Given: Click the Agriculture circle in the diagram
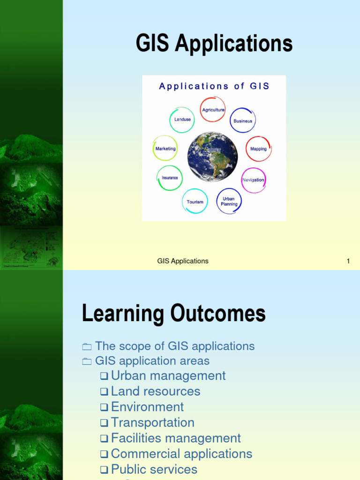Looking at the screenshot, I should tap(213, 110).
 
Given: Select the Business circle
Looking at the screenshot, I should tap(243, 120).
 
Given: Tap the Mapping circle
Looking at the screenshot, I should tap(258, 149).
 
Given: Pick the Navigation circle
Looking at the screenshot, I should tap(253, 180).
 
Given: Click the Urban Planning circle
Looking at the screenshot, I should tap(229, 202).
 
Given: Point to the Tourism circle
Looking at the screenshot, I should tap(195, 202).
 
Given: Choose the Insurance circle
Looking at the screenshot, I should tap(169, 178).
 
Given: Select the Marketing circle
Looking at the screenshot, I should tap(165, 149).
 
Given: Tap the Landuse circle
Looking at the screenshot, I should tap(182, 120).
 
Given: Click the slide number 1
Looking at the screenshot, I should tap(348, 261).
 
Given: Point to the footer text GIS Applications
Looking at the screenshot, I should tap(183, 261).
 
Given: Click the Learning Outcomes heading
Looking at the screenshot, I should tap(173, 313).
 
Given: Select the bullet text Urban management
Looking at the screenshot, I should tap(168, 375).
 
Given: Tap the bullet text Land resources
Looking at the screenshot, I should tap(155, 391).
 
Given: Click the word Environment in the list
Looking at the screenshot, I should tap(147, 406).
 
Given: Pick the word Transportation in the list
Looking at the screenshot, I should tap(152, 422).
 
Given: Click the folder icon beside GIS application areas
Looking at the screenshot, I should tap(87, 361).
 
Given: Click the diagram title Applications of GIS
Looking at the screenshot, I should tap(214, 86).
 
